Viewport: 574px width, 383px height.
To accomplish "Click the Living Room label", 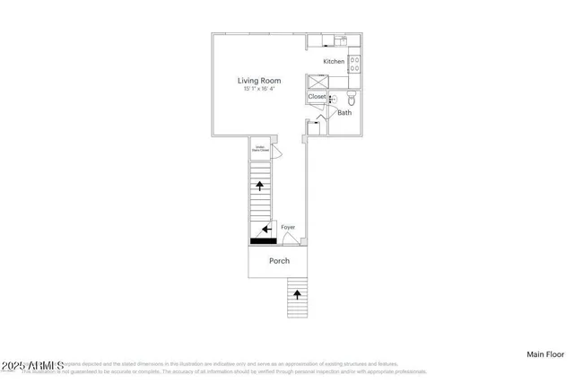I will point(259,81).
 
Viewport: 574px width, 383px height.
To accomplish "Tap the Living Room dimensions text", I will point(259,89).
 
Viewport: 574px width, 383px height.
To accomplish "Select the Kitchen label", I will point(334,61).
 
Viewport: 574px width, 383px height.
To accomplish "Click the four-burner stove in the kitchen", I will point(354,62).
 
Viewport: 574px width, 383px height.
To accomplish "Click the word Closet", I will point(317,97).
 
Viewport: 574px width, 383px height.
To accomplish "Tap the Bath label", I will point(344,113).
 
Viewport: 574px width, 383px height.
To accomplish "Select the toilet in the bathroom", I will point(352,97).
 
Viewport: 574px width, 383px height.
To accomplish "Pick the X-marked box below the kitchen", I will point(317,80).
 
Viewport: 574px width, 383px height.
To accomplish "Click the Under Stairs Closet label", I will point(259,149).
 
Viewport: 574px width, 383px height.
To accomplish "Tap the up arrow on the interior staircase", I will point(260,187).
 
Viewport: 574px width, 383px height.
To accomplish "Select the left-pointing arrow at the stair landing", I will point(267,230).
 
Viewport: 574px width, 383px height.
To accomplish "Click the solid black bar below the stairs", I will point(263,240).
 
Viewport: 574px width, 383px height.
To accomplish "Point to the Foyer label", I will point(288,227).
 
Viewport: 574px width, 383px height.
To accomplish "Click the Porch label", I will point(279,261).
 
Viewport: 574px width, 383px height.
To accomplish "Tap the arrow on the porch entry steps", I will point(297,293).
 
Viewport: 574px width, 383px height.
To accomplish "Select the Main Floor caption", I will point(544,355).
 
